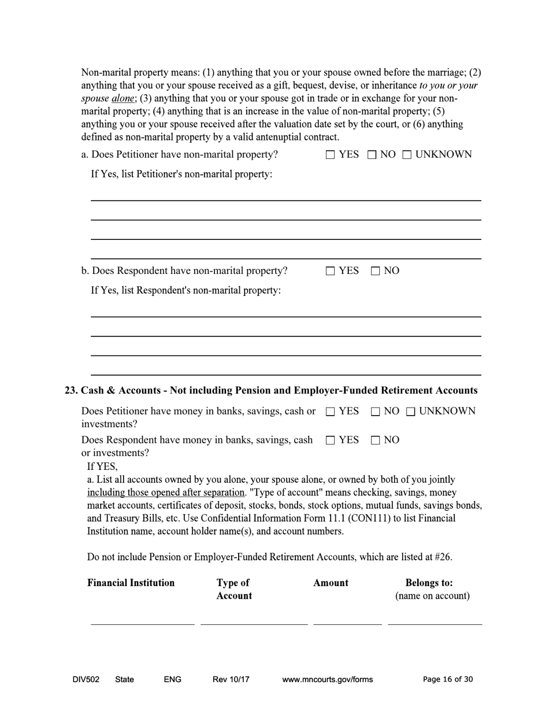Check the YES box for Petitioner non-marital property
click(x=330, y=155)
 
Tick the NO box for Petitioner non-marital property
click(x=372, y=155)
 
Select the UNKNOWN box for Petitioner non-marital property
click(x=407, y=155)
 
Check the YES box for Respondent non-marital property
click(x=330, y=271)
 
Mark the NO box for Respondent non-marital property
click(x=375, y=271)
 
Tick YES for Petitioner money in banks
click(x=330, y=412)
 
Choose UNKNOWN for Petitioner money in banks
click(x=410, y=412)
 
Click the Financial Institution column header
click(x=131, y=583)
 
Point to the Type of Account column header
click(x=234, y=589)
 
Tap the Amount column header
click(x=331, y=583)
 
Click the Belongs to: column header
click(x=429, y=583)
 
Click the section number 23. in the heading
click(x=71, y=391)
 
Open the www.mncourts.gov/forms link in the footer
click(x=327, y=680)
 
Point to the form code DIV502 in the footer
click(x=86, y=680)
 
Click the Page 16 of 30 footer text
click(x=448, y=680)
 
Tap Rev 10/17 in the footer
click(x=231, y=680)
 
